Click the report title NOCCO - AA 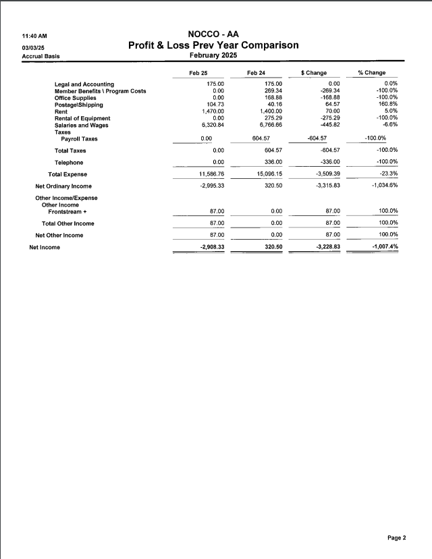coord(213,34)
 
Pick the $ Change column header coord(314,72)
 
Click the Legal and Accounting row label coord(84,84)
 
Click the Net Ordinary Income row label coord(63,186)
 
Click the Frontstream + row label coord(67,211)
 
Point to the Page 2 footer coord(396,538)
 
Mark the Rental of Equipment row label coord(82,118)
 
